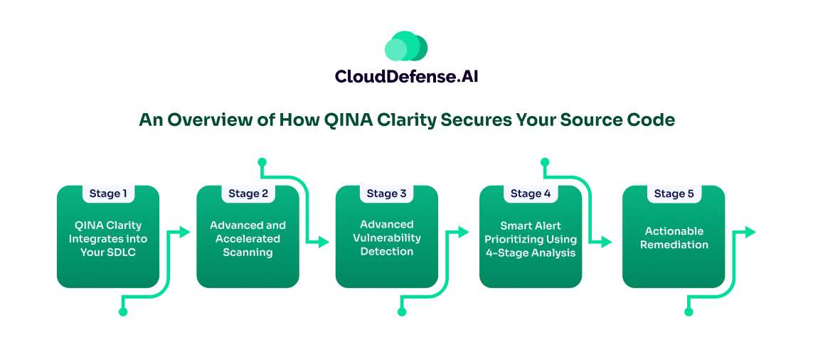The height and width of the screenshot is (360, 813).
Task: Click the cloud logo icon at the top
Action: click(406, 46)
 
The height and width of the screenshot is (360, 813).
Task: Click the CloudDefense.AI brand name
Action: click(406, 76)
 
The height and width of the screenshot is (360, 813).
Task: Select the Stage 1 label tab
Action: click(108, 194)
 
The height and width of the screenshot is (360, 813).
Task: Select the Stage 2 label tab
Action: click(248, 194)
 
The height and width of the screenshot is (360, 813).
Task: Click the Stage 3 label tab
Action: click(386, 194)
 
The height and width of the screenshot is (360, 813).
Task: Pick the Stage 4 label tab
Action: click(531, 194)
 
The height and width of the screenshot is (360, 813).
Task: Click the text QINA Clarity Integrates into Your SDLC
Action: click(108, 238)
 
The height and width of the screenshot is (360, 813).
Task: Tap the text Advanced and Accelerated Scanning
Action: click(248, 238)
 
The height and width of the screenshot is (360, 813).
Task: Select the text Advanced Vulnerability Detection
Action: click(386, 238)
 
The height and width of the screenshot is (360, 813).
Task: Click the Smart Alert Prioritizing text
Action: click(531, 239)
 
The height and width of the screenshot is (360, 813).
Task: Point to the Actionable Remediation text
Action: click(674, 238)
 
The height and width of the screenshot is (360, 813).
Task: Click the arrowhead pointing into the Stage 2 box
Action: click(186, 231)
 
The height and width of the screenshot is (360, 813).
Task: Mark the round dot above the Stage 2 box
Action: click(262, 162)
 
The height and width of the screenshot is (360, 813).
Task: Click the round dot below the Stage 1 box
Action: click(122, 312)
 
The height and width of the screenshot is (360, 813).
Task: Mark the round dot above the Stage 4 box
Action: click(545, 162)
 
